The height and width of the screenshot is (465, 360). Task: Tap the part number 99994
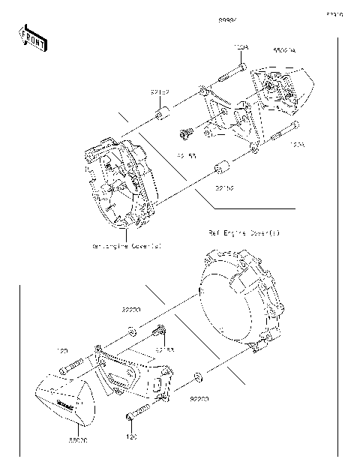(228, 17)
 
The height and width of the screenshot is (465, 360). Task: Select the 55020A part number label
(284, 49)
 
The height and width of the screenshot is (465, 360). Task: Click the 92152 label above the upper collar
(158, 93)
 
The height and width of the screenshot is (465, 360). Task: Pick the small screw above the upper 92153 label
(184, 135)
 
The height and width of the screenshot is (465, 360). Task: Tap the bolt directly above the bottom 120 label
(138, 412)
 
